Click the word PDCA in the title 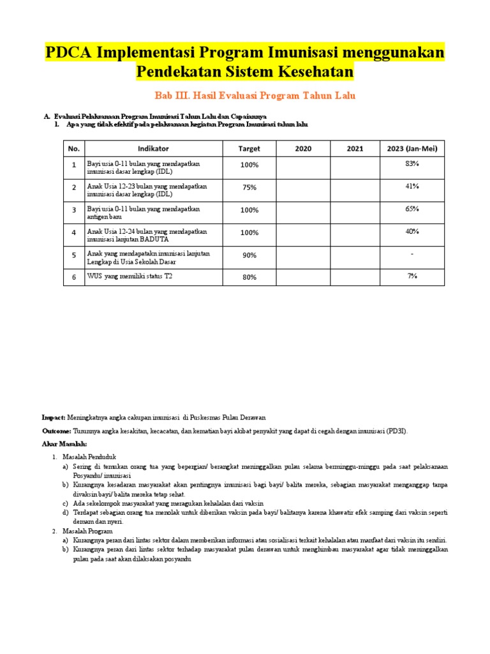pyautogui.click(x=68, y=52)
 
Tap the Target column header pyautogui.click(x=249, y=149)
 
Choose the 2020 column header pyautogui.click(x=303, y=149)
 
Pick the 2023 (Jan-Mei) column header pyautogui.click(x=412, y=149)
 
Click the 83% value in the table pyautogui.click(x=412, y=164)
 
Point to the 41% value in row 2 pyautogui.click(x=412, y=186)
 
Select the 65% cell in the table pyautogui.click(x=412, y=208)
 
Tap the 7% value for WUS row pyautogui.click(x=412, y=275)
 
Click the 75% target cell pyautogui.click(x=249, y=188)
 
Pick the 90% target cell pyautogui.click(x=249, y=255)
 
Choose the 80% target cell pyautogui.click(x=249, y=277)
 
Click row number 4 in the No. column pyautogui.click(x=74, y=232)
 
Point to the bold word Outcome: pyautogui.click(x=56, y=431)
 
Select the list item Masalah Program pyautogui.click(x=87, y=531)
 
